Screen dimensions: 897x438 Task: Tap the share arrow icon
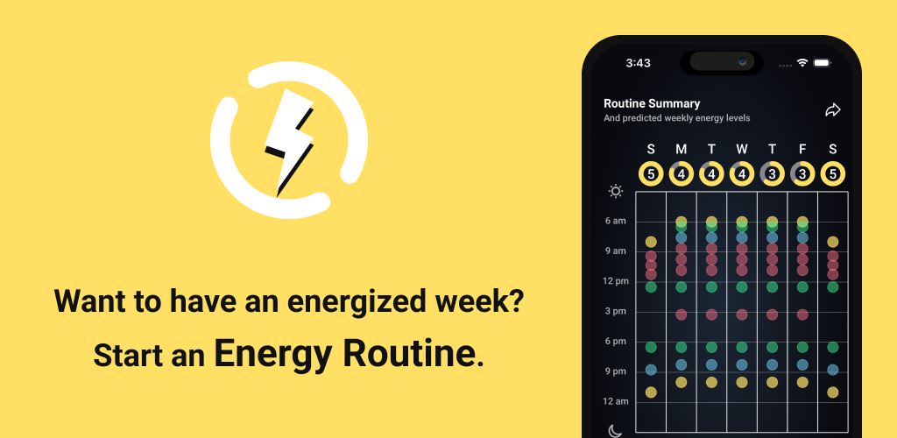click(833, 109)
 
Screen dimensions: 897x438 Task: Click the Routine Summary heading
click(652, 103)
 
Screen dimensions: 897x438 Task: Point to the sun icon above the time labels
click(616, 191)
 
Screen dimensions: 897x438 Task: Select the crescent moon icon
click(615, 431)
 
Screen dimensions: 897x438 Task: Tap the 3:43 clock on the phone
click(638, 63)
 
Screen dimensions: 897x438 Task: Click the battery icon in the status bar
click(822, 63)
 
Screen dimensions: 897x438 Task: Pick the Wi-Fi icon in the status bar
click(802, 62)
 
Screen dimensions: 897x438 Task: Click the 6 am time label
click(616, 221)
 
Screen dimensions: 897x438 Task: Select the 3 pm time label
click(616, 311)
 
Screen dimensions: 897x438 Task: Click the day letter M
click(681, 149)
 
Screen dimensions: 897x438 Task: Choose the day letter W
click(742, 149)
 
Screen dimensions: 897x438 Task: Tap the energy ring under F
click(802, 173)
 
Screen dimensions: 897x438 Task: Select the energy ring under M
click(682, 173)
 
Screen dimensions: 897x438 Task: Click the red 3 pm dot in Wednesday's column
click(742, 314)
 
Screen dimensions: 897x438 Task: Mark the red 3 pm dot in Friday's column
click(802, 314)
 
